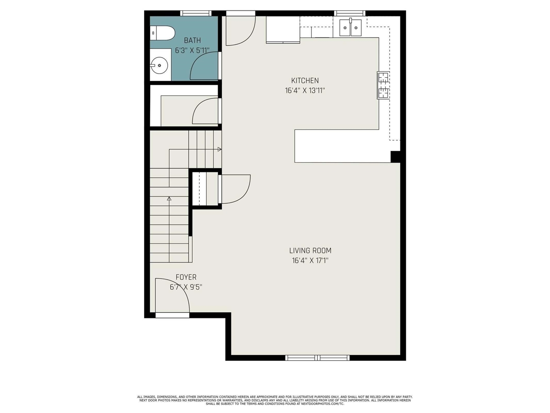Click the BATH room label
[x=192, y=40]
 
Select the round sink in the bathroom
[x=160, y=66]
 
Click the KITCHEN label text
[x=305, y=80]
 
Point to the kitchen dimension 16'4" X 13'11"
[x=305, y=90]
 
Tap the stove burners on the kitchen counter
[x=383, y=85]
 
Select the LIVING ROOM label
[x=310, y=250]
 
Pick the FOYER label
[x=186, y=277]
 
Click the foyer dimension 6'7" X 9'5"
[x=186, y=287]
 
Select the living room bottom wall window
[x=317, y=358]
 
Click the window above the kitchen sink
[x=350, y=13]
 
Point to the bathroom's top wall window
[x=196, y=13]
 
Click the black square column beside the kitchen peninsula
[x=395, y=157]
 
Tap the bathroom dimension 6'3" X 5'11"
[x=192, y=50]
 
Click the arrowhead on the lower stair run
[x=169, y=199]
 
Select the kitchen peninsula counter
[x=342, y=146]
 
